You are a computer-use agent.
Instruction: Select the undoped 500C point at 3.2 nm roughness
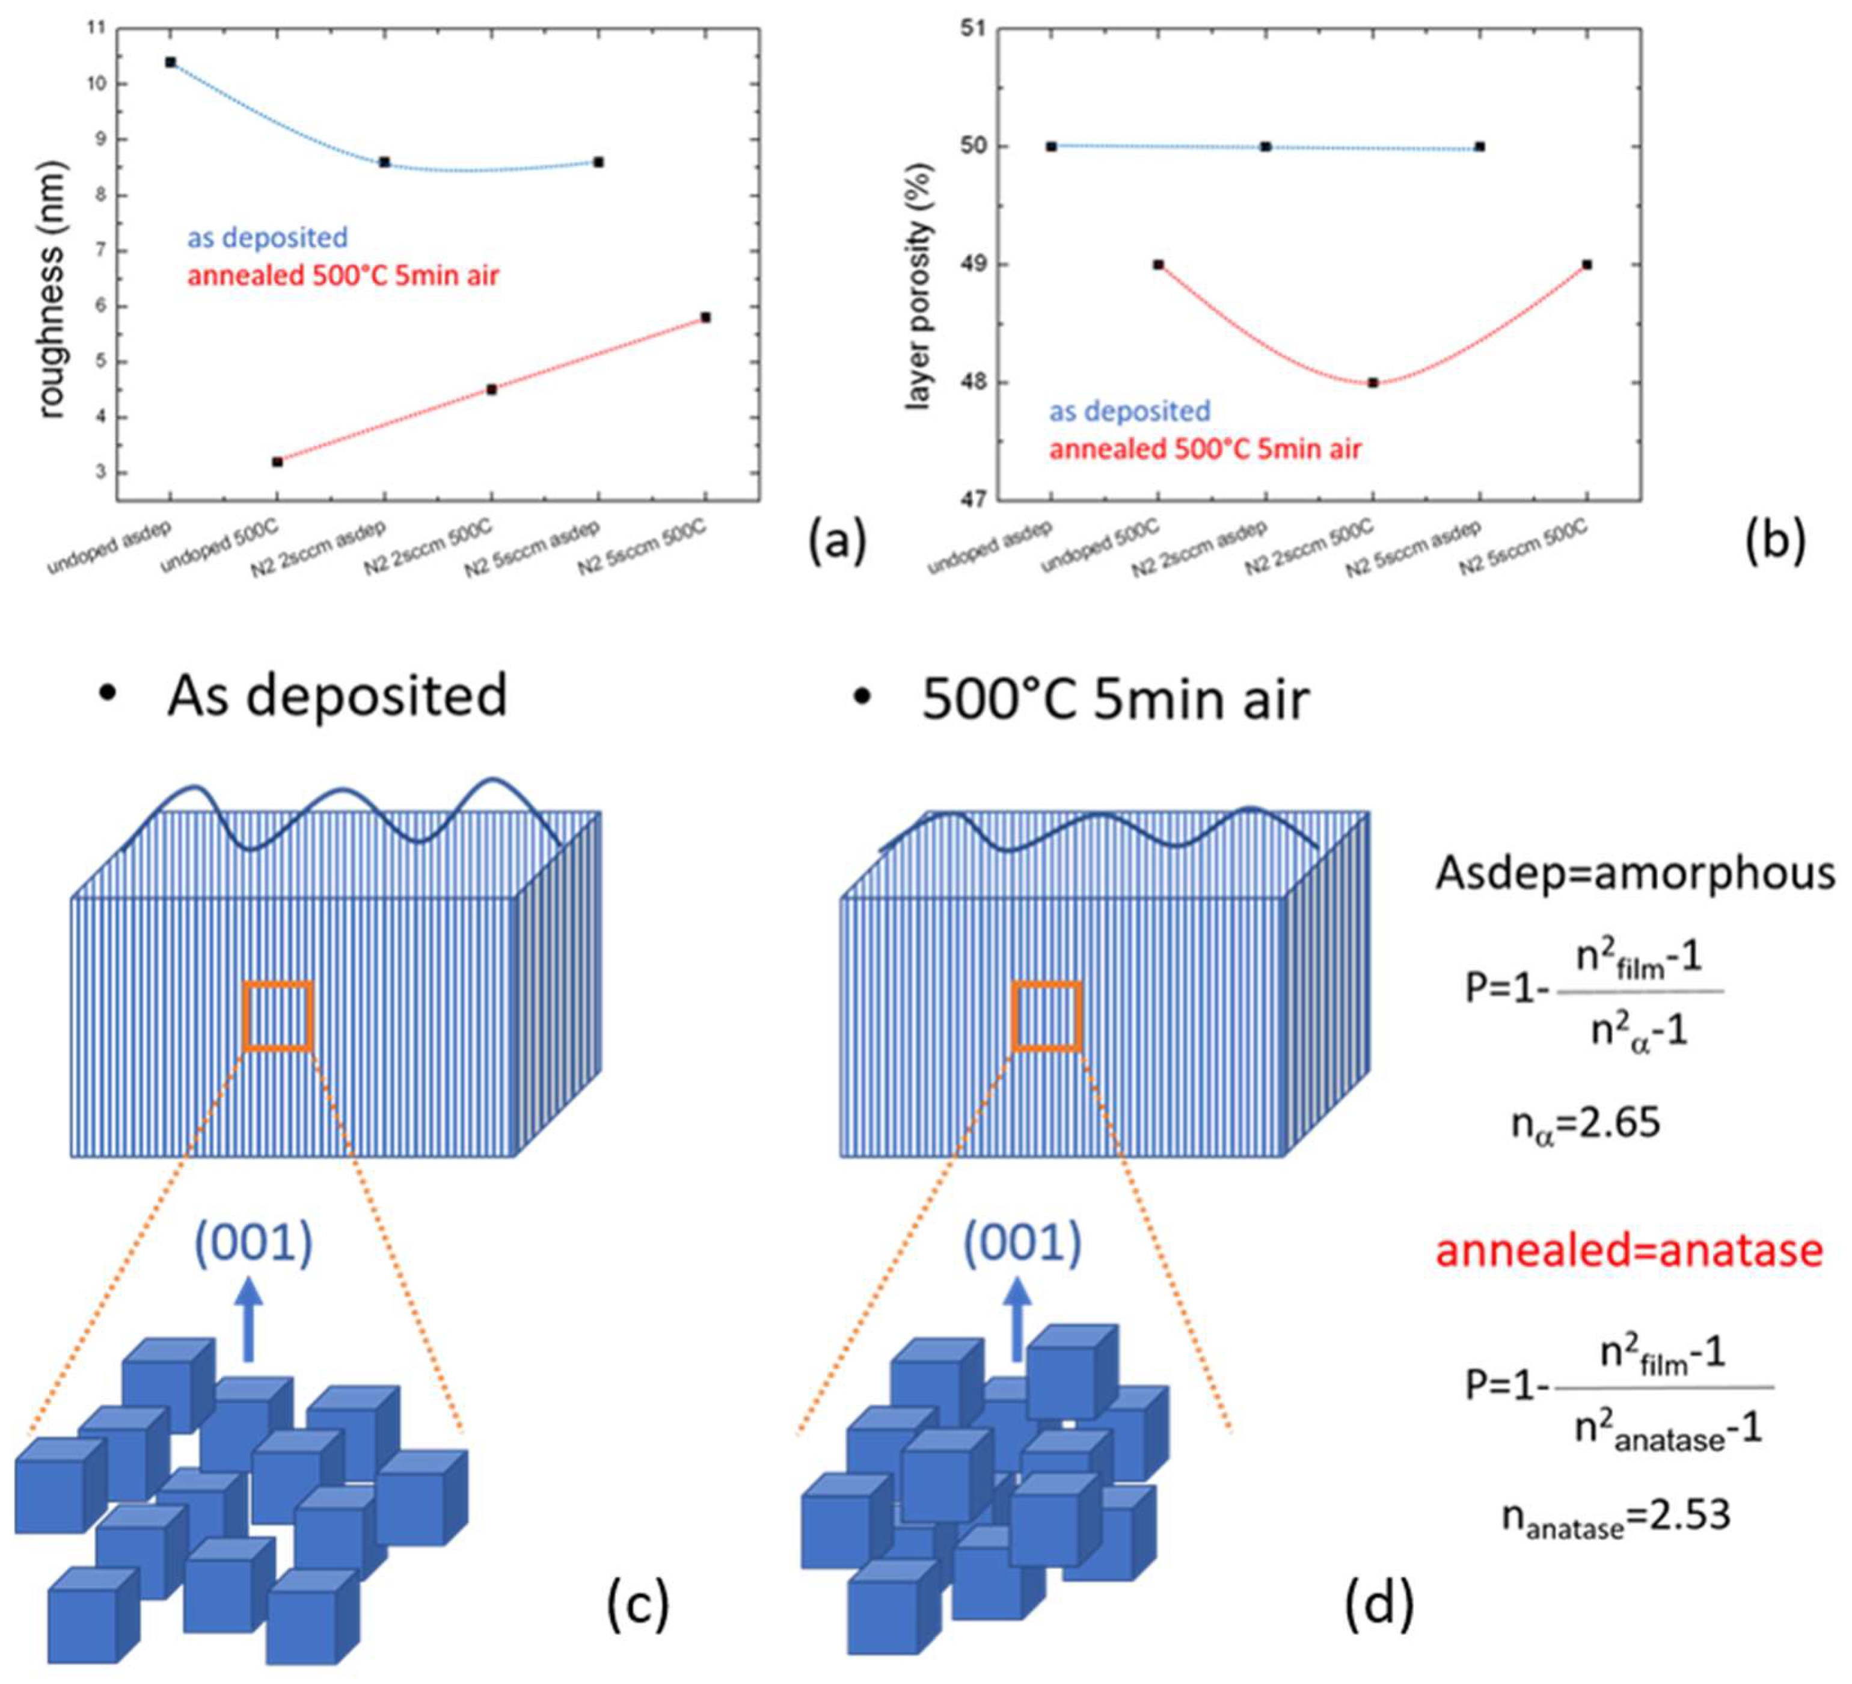277,462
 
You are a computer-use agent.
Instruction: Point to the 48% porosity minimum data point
1372,383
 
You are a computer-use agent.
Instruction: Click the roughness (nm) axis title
52,289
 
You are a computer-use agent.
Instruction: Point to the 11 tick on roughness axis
94,28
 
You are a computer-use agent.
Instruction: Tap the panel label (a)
836,540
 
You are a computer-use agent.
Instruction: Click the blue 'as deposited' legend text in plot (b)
1130,411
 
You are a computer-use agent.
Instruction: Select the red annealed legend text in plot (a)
343,275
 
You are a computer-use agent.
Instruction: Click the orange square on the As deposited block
278,1016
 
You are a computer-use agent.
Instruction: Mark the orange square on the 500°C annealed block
1046,1016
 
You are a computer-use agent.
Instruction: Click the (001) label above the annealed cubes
1022,1243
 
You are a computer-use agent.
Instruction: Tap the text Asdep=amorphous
1635,873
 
